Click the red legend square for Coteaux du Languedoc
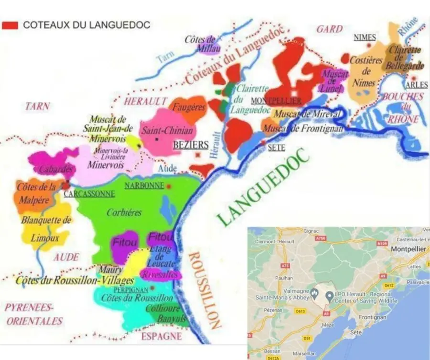click(x=10, y=25)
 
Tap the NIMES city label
click(x=365, y=37)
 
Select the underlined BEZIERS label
click(x=191, y=145)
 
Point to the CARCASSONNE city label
click(x=89, y=194)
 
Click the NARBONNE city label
click(x=144, y=186)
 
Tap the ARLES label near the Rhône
click(x=417, y=85)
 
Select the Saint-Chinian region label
click(x=167, y=130)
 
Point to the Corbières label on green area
click(x=124, y=213)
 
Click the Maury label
click(x=111, y=270)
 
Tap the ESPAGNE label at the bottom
click(x=161, y=336)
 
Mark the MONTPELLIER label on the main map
click(x=276, y=101)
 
